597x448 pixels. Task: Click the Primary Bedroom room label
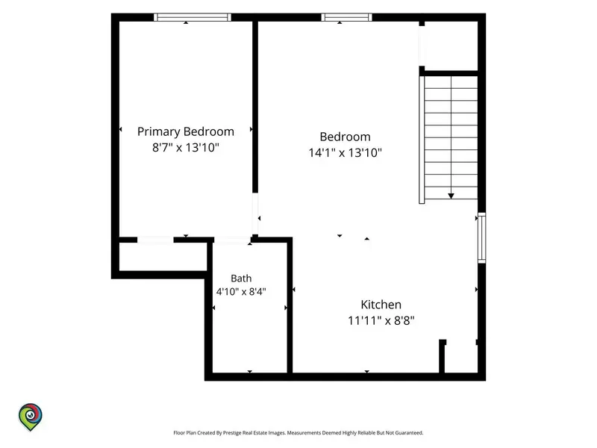[185, 132]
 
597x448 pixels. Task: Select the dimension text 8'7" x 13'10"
[185, 147]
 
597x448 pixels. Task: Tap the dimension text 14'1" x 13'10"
[345, 153]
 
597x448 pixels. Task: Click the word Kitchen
[381, 305]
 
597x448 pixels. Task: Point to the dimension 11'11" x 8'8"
[381, 321]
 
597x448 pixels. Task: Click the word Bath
[241, 279]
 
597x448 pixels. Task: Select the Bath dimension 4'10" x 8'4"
[241, 292]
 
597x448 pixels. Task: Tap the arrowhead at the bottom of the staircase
[451, 196]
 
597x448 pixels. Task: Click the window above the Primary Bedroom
[193, 17]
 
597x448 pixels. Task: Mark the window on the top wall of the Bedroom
[346, 17]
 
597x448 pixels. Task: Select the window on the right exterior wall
[481, 237]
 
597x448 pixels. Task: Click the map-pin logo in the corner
[31, 417]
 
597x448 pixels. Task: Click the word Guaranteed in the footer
[409, 433]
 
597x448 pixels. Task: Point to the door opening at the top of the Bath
[232, 240]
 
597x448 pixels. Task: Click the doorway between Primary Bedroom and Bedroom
[255, 214]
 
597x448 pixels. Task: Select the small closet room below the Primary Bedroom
[163, 257]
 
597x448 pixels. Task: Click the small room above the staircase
[451, 46]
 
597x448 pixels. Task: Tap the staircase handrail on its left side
[422, 140]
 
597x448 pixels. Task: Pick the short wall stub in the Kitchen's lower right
[442, 356]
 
